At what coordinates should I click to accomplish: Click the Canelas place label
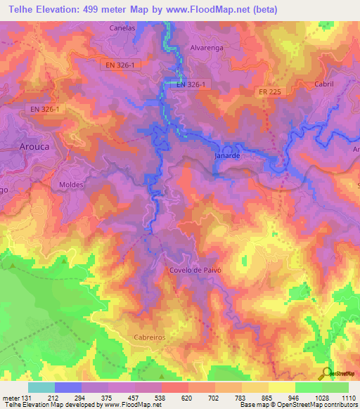[x=122, y=29]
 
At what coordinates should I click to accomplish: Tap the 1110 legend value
[x=347, y=397]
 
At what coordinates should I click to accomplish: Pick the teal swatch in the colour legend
[x=41, y=387]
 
